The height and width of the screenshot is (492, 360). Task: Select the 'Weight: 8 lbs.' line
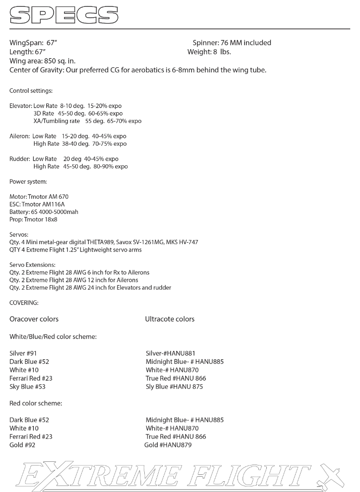coord(209,52)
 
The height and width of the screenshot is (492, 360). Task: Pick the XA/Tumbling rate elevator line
coord(87,121)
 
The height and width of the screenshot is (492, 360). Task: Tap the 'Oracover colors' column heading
coord(34,319)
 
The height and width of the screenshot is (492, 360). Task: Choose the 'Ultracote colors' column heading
coord(170,319)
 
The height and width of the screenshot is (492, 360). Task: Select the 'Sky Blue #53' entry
coord(27,387)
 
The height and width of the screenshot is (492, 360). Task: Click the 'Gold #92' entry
coord(22,445)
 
